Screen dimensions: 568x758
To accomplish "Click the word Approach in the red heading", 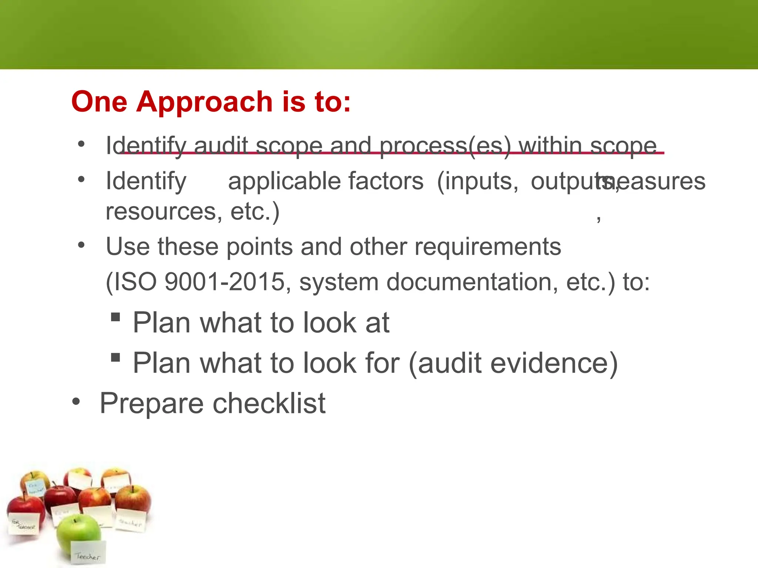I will [204, 102].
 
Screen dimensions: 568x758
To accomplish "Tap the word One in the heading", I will [99, 102].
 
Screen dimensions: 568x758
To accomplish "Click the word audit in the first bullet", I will [221, 146].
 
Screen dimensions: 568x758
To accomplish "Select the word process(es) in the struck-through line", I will [445, 146].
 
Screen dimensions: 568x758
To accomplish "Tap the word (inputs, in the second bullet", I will [478, 181].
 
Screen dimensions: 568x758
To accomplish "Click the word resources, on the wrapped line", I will [164, 212].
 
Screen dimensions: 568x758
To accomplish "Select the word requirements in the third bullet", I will [487, 247].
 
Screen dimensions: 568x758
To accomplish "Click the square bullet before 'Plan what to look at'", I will [115, 317].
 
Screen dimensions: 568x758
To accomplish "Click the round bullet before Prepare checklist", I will [76, 402].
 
